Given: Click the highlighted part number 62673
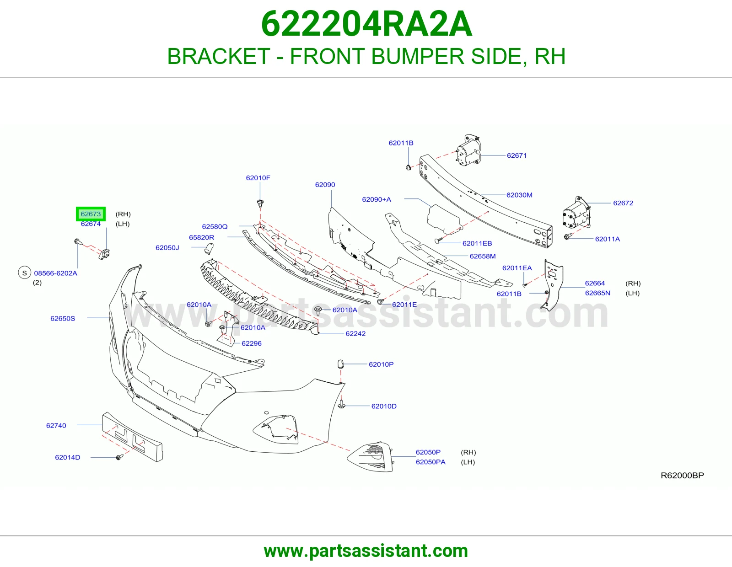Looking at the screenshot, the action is tap(91, 214).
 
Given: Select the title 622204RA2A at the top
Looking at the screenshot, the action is tap(366, 24).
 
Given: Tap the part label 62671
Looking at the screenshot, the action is tap(517, 155).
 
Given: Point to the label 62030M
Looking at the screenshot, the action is tap(519, 195).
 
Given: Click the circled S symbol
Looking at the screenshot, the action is tap(24, 273).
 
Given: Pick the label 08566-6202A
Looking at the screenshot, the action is tap(55, 273).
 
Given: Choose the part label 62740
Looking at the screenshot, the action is tap(56, 426).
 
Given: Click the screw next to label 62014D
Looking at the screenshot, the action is tap(119, 457).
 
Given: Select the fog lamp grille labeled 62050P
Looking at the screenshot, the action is tap(371, 456).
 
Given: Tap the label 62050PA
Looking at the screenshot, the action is tap(431, 462).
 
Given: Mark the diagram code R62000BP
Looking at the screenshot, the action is tap(682, 476).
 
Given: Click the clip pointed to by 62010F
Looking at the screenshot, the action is tap(260, 203).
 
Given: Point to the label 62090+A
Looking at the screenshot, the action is tap(376, 199).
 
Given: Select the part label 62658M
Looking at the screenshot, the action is tap(482, 256).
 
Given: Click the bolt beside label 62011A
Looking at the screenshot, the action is tap(567, 237).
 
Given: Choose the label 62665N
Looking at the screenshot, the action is tap(597, 293).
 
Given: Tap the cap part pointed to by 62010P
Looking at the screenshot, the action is tap(340, 364).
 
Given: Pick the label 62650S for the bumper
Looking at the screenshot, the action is tap(63, 319).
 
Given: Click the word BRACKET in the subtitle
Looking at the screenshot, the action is tap(219, 56).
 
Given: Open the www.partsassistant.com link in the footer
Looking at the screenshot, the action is tap(366, 551).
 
